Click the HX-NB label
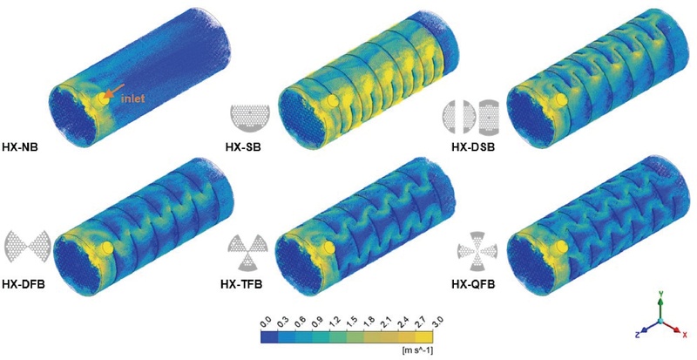20,146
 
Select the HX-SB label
243,146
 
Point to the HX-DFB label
23,283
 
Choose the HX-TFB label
241,283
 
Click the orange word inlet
133,98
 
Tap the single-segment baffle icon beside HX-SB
250,117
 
